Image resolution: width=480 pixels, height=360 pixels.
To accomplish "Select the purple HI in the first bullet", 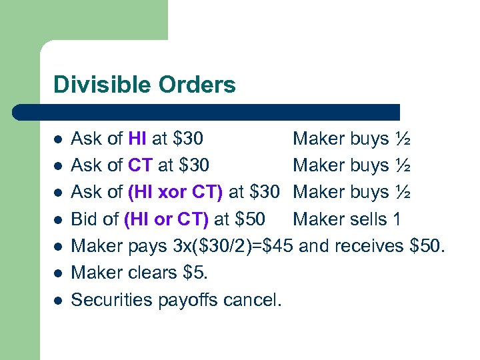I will click(x=137, y=139).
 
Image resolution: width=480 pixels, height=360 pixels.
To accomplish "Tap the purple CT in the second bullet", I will click(x=141, y=165).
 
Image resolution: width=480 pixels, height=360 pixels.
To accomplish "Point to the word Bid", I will click(x=85, y=219).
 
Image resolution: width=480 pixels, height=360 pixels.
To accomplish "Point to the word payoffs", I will click(x=188, y=300).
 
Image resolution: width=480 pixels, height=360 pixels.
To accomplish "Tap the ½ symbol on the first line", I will click(x=402, y=139).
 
